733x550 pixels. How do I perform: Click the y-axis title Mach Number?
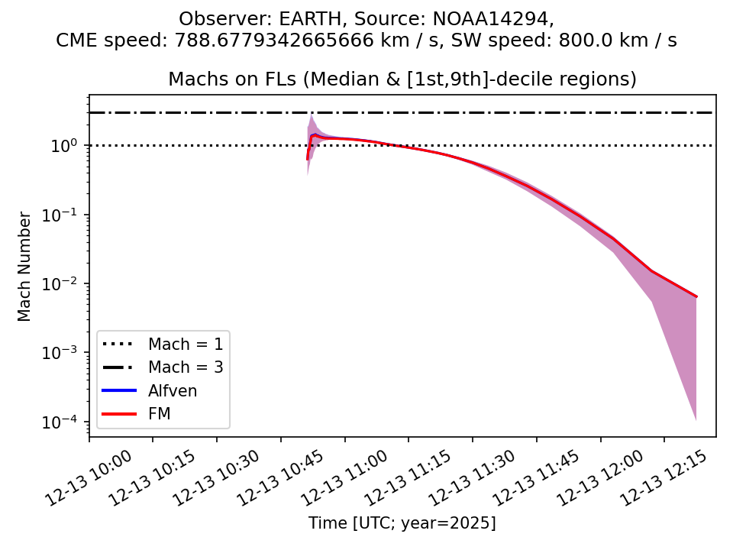click(25, 267)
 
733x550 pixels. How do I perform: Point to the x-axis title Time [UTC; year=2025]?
click(402, 523)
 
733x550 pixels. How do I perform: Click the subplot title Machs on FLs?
click(402, 79)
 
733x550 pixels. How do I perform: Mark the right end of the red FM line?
click(696, 296)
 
